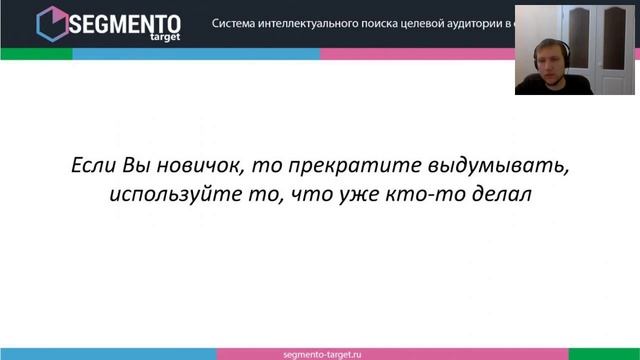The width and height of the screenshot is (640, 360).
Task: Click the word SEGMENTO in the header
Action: pos(124,20)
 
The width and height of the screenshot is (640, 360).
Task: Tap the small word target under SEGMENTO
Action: pos(160,37)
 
